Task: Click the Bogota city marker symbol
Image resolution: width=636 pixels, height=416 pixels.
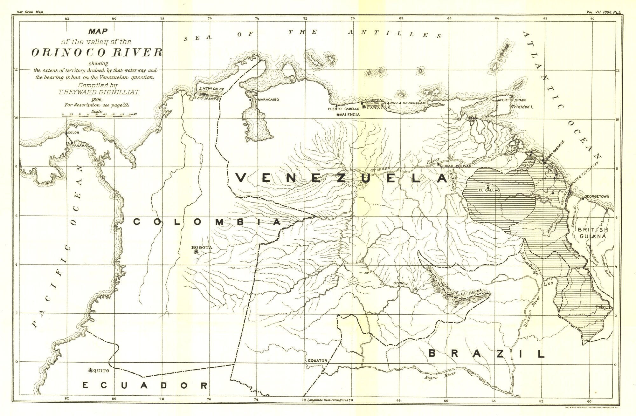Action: tap(196, 252)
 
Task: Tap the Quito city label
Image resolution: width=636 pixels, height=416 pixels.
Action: tap(101, 371)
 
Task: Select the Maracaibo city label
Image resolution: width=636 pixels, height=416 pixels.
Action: tap(268, 100)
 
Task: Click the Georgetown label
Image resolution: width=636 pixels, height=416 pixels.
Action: tap(597, 197)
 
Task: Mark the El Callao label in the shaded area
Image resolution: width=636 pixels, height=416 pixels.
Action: tap(489, 190)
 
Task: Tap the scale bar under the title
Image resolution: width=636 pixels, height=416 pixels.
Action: tap(96, 117)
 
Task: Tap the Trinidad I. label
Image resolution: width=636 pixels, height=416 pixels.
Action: tap(522, 107)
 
